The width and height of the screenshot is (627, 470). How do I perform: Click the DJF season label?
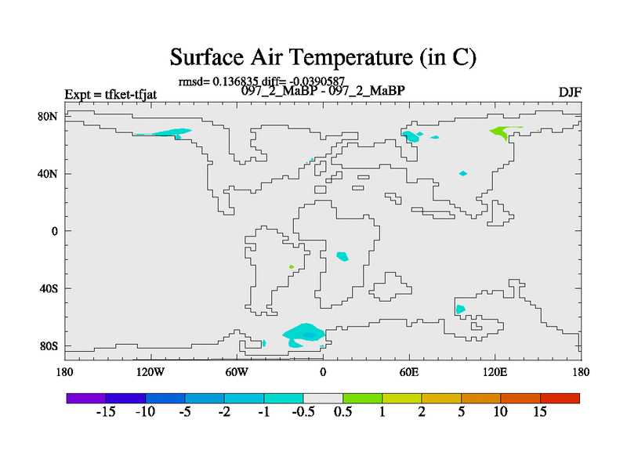point(570,92)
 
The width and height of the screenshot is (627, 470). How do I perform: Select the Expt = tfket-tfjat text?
point(111,95)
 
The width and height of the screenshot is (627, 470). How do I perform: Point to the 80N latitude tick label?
point(48,116)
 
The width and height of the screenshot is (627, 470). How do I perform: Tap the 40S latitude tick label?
point(49,288)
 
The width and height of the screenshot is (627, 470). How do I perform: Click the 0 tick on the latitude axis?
point(54,231)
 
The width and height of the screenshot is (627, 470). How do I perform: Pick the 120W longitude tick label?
point(150,373)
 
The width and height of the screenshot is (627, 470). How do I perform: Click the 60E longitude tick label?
point(409,373)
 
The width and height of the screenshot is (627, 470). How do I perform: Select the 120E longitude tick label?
point(495,373)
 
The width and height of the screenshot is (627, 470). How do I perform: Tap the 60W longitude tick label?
point(237,373)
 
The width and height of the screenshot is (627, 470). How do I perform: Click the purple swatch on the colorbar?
point(86,398)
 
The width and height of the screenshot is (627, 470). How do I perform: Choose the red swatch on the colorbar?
point(560,398)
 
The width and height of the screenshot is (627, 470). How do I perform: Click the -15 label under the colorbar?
point(106,412)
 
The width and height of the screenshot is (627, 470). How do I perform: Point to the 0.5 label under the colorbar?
point(343,412)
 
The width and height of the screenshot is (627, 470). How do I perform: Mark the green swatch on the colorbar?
point(363,398)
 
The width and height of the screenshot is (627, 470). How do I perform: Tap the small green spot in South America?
point(292,266)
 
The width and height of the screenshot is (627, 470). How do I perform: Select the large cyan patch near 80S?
point(304,334)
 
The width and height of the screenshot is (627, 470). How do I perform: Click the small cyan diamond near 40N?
point(463,173)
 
